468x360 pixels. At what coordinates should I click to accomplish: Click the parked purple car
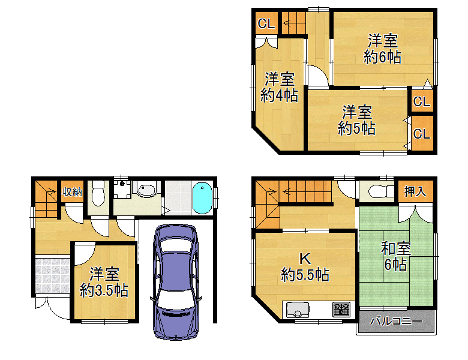click(176, 282)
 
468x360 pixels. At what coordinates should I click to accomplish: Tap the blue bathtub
click(202, 198)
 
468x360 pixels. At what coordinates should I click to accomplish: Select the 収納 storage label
click(72, 192)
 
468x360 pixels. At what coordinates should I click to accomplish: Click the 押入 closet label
click(415, 191)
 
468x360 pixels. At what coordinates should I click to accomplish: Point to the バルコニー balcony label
click(397, 321)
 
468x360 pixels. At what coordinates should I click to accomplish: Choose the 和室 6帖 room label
click(396, 256)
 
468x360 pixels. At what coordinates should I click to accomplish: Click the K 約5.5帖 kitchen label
click(305, 267)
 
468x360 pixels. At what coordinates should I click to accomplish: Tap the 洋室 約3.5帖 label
click(104, 282)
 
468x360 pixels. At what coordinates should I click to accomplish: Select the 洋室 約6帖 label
click(382, 49)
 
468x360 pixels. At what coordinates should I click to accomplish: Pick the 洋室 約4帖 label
click(280, 87)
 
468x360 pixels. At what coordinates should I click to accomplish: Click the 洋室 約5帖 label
click(356, 120)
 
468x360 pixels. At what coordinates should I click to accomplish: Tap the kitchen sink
click(298, 310)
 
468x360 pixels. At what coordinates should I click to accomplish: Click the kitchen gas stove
click(341, 310)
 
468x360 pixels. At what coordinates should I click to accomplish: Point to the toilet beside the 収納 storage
click(98, 193)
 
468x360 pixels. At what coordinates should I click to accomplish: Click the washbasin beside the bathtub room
click(146, 190)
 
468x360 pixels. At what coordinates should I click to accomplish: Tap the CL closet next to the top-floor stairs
click(266, 23)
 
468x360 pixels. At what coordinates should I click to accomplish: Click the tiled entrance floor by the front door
click(53, 276)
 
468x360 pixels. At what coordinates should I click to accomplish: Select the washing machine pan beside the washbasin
click(122, 189)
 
